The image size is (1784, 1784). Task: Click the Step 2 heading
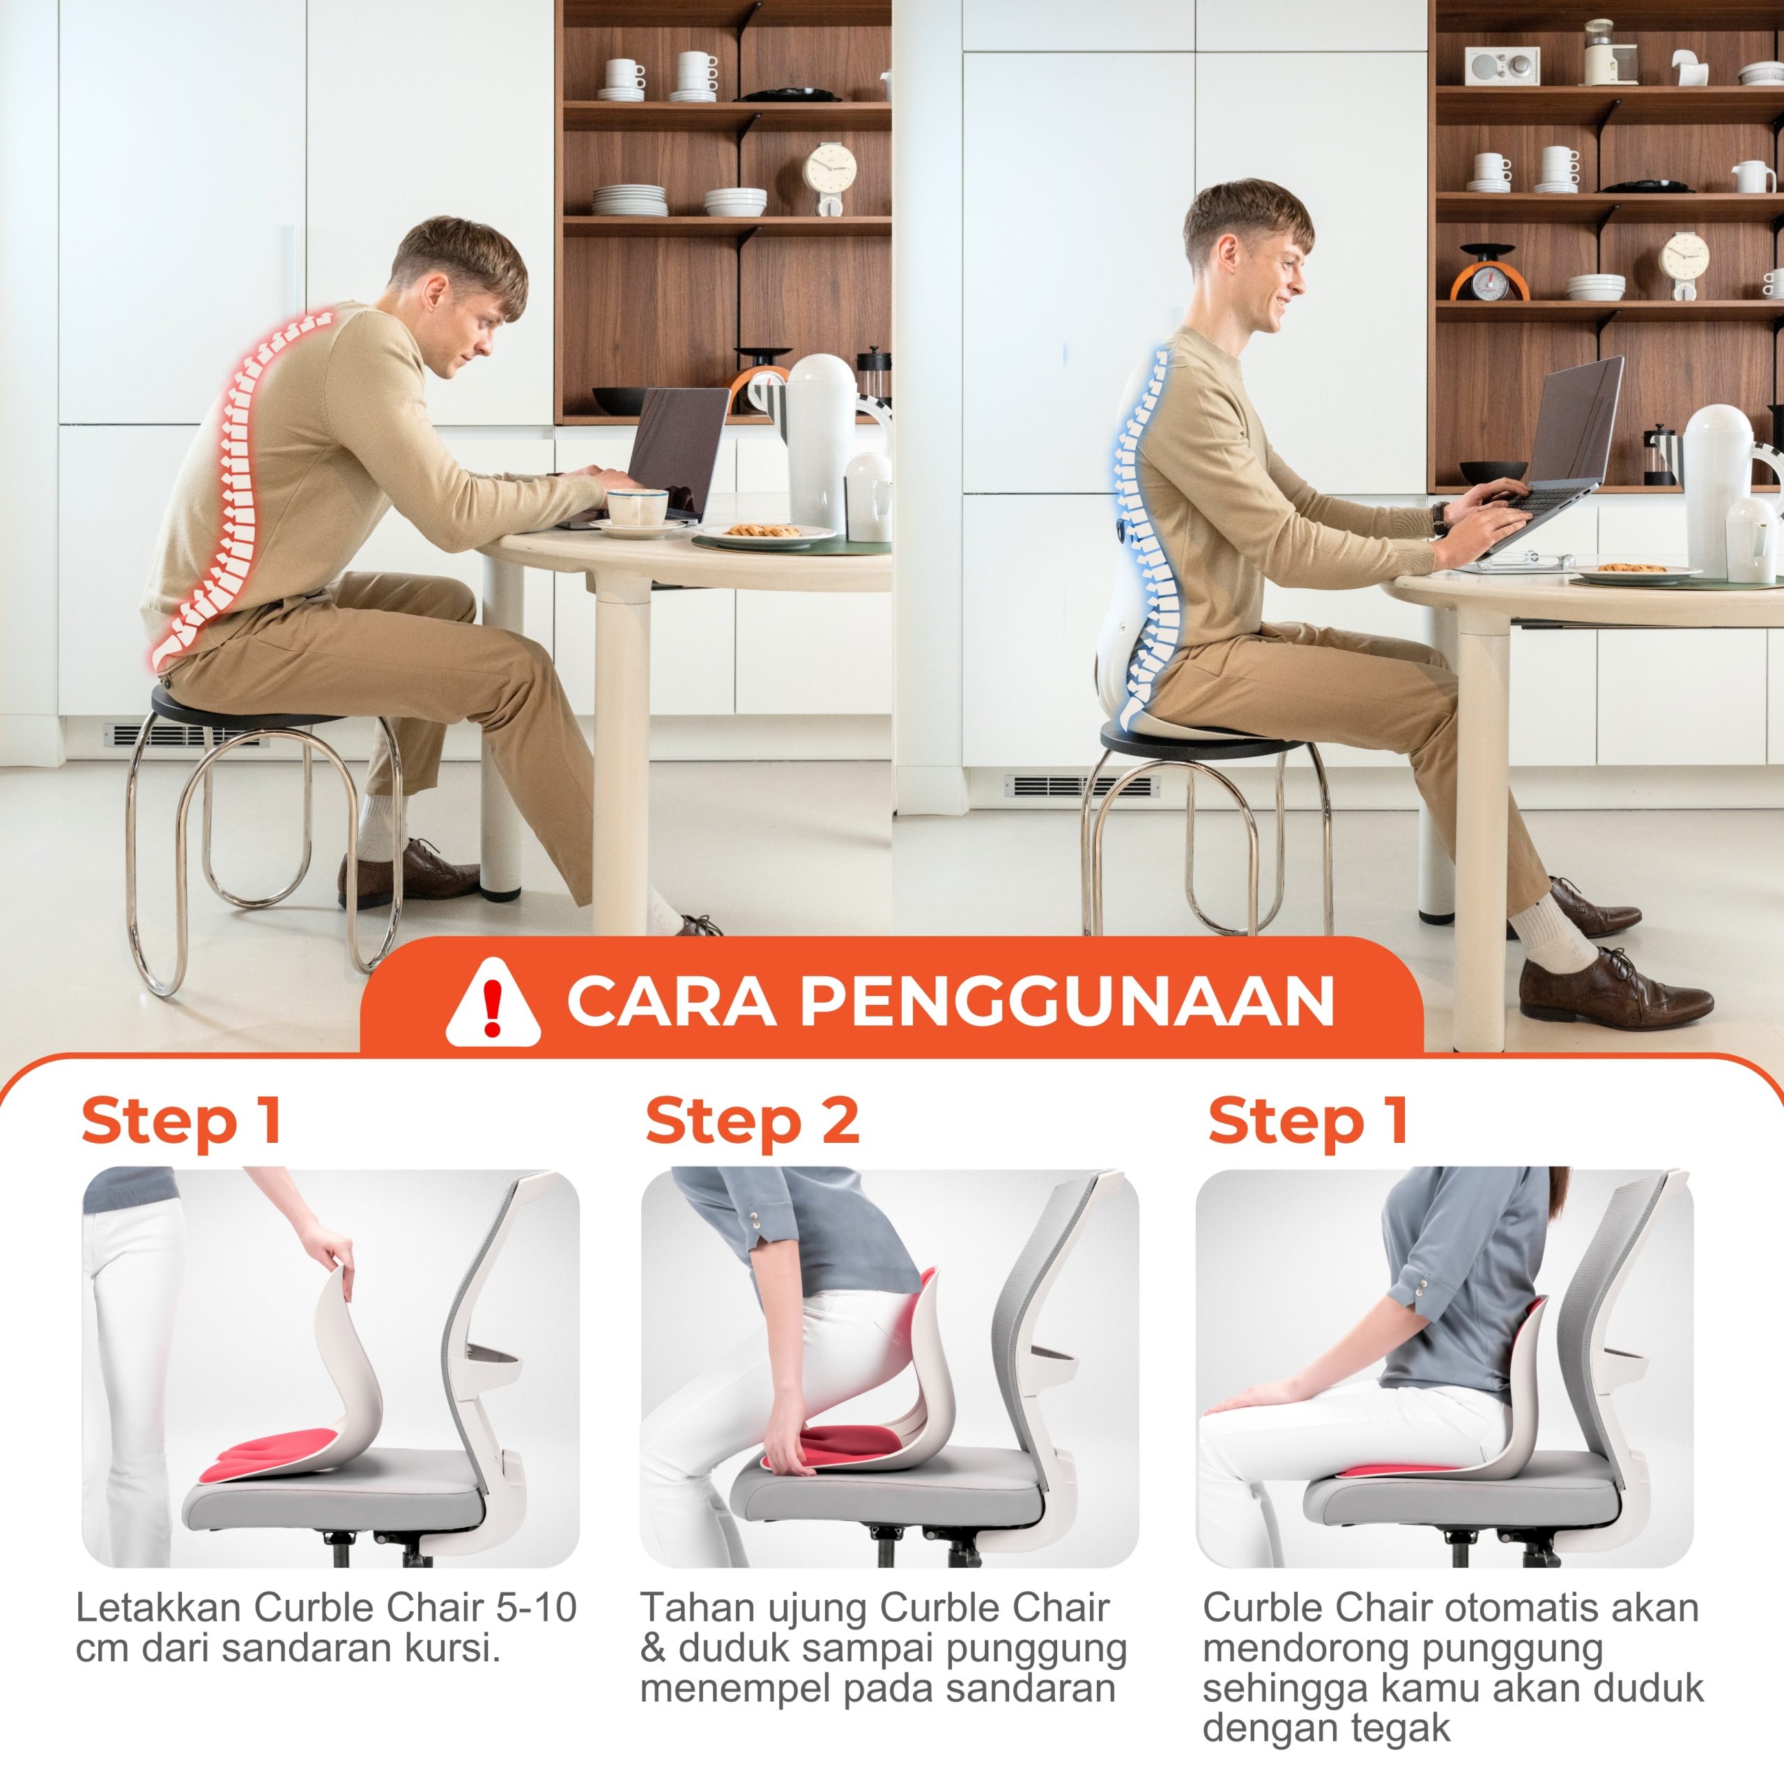tap(753, 1123)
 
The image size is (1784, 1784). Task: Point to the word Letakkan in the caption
tap(159, 1608)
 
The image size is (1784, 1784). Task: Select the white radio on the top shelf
tap(1502, 65)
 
